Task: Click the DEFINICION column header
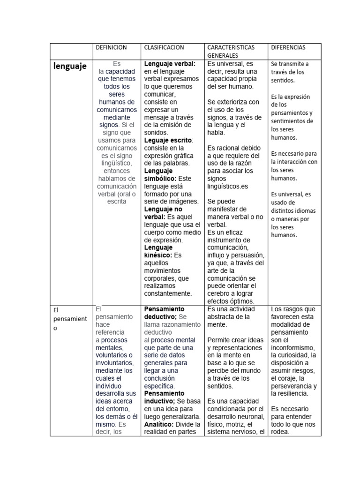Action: click(111, 47)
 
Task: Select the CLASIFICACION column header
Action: click(164, 47)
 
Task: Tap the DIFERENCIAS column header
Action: click(288, 47)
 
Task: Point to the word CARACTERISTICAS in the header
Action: click(231, 47)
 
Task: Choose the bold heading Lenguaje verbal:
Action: click(170, 63)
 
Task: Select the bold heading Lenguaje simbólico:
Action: click(158, 175)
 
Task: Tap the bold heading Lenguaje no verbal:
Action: click(158, 213)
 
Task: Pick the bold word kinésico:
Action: click(158, 255)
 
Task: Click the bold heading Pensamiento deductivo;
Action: click(164, 313)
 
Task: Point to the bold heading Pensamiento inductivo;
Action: click(165, 397)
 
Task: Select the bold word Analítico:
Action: click(159, 424)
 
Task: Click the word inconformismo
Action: click(293, 347)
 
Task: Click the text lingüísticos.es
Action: click(227, 186)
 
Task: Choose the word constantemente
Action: click(168, 293)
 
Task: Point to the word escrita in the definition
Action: click(116, 201)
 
